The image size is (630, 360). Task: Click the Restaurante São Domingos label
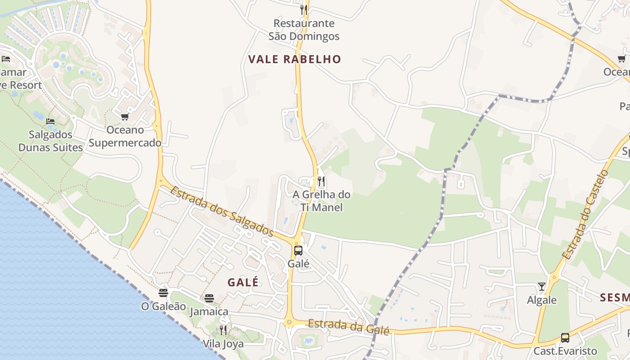[x=304, y=30]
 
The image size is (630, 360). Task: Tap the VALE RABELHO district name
[x=295, y=59]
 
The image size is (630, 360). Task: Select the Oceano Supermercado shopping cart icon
[x=125, y=117]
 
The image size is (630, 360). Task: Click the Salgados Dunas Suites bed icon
[x=50, y=121]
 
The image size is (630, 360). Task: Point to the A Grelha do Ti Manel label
[x=321, y=201]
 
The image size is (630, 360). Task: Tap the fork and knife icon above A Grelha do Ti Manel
[x=321, y=181]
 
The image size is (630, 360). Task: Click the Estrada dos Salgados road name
[x=221, y=211]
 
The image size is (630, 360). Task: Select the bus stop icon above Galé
[x=298, y=251]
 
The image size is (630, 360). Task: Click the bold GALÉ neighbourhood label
[x=243, y=282]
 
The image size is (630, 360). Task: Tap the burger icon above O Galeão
[x=163, y=293]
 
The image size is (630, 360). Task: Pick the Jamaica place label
[x=209, y=311]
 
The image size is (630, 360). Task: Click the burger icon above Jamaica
[x=209, y=298]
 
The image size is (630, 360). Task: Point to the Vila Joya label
[x=223, y=344]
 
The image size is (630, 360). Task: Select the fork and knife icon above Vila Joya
[x=223, y=330]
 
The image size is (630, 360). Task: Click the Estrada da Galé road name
[x=348, y=327]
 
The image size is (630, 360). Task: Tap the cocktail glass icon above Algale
[x=542, y=287]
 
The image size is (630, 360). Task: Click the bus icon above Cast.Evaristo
[x=565, y=337]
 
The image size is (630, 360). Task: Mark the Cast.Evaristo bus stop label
[x=565, y=351]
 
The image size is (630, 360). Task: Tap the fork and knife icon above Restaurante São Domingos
[x=304, y=9]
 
